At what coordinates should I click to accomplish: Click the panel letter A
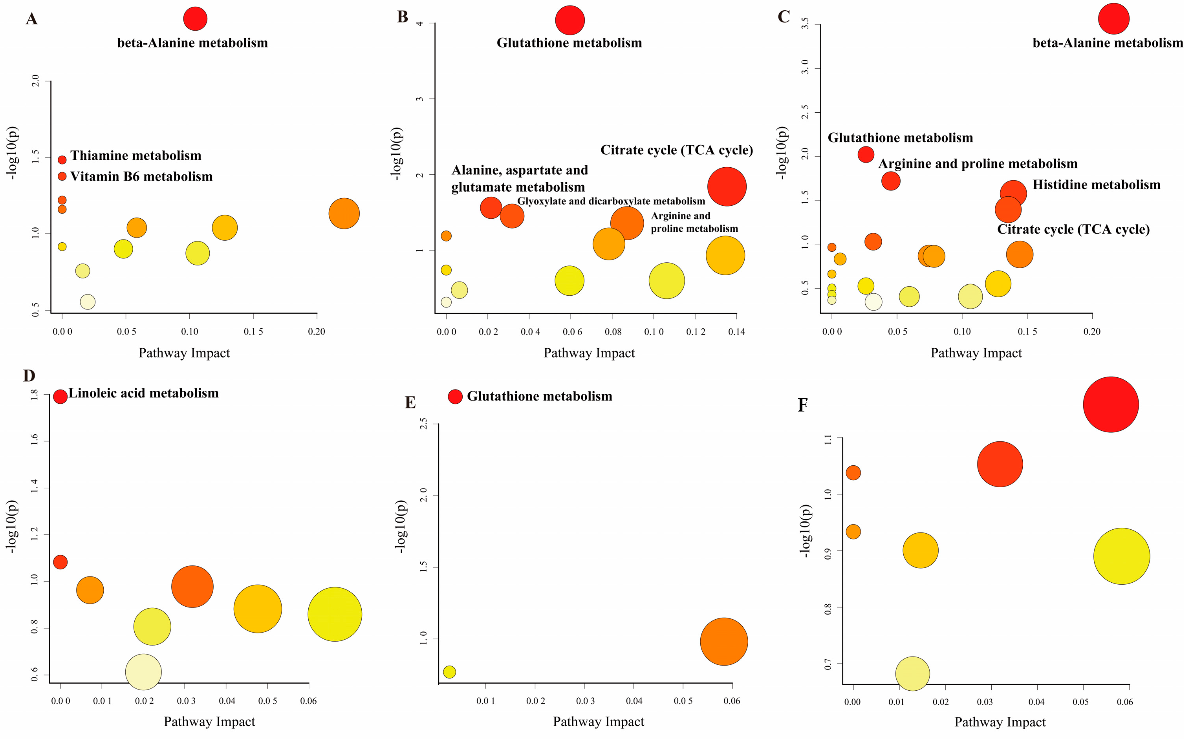pyautogui.click(x=31, y=19)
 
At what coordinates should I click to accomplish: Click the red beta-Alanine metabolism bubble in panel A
pyautogui.click(x=195, y=18)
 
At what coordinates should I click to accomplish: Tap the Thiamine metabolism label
pyautogui.click(x=135, y=155)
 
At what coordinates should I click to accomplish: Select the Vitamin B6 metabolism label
pyautogui.click(x=141, y=176)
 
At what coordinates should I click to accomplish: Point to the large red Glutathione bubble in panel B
pyautogui.click(x=569, y=20)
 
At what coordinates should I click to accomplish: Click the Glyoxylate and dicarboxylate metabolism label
pyautogui.click(x=611, y=201)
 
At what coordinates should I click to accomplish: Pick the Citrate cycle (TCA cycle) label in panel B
pyautogui.click(x=676, y=150)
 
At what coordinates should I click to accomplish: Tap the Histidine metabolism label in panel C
pyautogui.click(x=1096, y=185)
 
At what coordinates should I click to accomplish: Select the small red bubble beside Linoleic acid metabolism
pyautogui.click(x=60, y=396)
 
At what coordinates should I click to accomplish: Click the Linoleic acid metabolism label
pyautogui.click(x=143, y=393)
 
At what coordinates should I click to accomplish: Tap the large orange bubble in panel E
pyautogui.click(x=724, y=642)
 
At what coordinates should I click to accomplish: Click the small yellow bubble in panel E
pyautogui.click(x=449, y=672)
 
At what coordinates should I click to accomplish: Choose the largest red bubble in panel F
pyautogui.click(x=1110, y=404)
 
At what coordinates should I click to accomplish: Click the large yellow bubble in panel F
pyautogui.click(x=1121, y=556)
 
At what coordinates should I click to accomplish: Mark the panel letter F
pyautogui.click(x=802, y=405)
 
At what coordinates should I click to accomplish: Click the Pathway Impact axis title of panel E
pyautogui.click(x=598, y=722)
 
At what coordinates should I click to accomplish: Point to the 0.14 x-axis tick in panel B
pyautogui.click(x=736, y=332)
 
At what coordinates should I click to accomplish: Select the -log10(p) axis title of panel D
pyautogui.click(x=12, y=527)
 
